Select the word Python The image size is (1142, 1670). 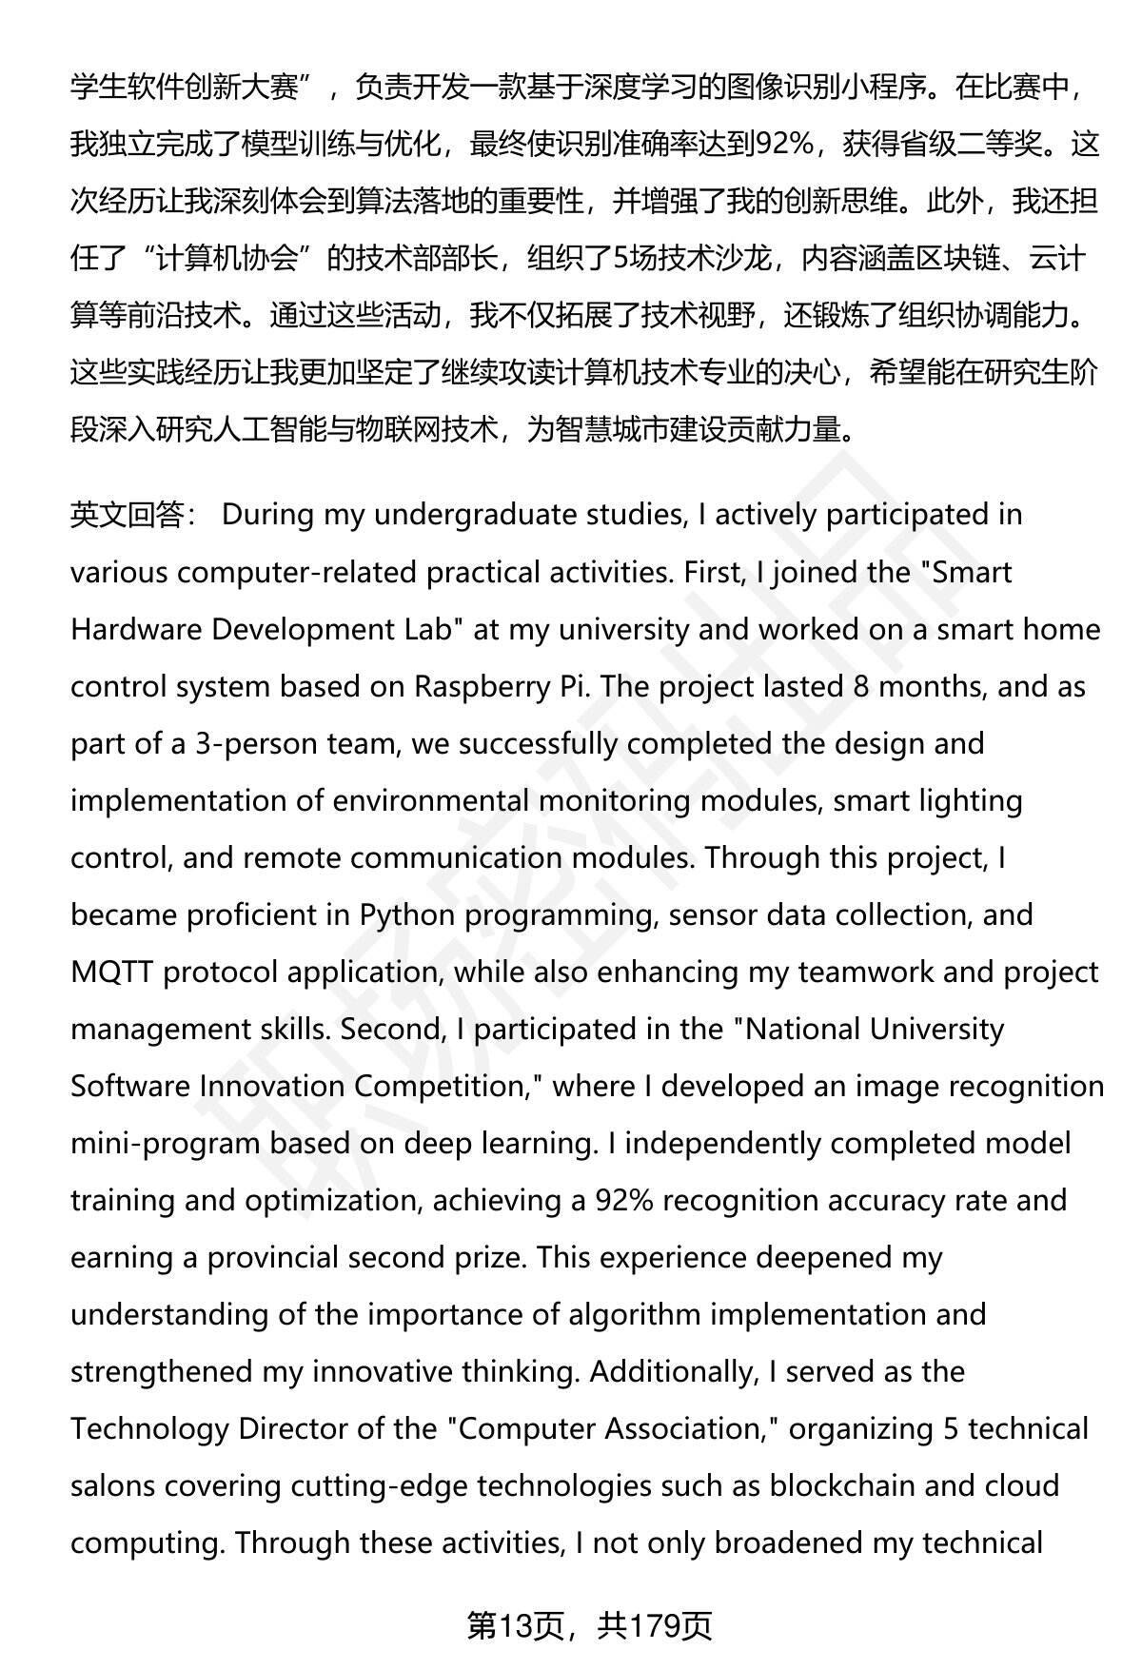tap(410, 915)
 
